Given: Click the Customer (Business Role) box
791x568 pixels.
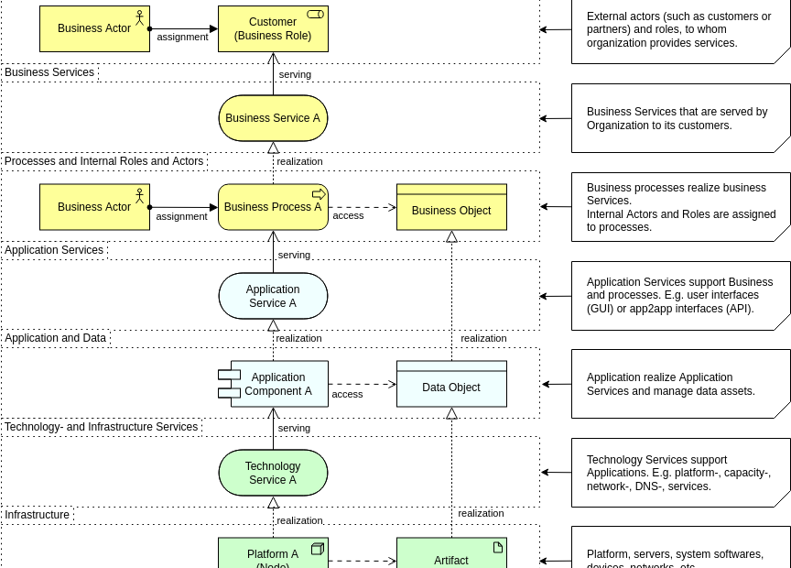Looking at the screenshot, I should point(273,28).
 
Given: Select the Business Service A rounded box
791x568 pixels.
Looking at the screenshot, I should point(273,118).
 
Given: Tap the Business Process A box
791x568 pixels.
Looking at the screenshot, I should point(273,207).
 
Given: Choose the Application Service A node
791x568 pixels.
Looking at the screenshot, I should point(273,296).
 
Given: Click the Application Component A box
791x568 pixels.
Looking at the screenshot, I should point(277,384).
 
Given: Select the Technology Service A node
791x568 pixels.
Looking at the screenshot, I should point(273,473).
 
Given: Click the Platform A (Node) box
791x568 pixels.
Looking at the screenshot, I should point(273,554).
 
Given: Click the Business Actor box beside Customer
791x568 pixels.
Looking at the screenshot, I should point(94,28).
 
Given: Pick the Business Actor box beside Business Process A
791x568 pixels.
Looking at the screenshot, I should point(94,207).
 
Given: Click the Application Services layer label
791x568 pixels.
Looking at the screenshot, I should point(55,250).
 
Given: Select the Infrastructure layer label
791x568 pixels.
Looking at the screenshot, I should point(38,515).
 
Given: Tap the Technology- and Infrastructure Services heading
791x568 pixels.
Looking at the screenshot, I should point(102,427).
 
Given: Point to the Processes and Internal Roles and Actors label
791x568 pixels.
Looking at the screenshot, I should point(104,161).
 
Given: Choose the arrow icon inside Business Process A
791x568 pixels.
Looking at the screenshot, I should point(319,193).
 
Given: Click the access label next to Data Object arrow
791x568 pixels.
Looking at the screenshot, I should point(347,394).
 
